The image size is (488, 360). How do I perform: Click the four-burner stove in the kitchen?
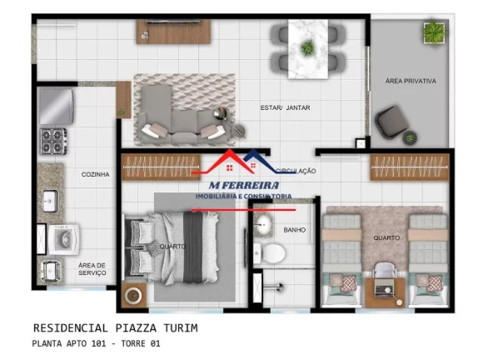pyautogui.click(x=53, y=142)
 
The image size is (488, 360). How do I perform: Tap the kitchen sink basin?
pyautogui.click(x=50, y=201)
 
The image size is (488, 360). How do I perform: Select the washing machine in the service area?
pyautogui.click(x=63, y=239)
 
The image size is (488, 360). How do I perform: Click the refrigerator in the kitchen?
pyautogui.click(x=57, y=107)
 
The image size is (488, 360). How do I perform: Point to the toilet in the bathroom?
pyautogui.click(x=270, y=252)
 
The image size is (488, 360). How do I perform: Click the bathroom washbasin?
pyautogui.click(x=263, y=224)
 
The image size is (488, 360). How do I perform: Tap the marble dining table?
pyautogui.click(x=308, y=49)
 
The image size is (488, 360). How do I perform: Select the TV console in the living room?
pyautogui.click(x=173, y=32)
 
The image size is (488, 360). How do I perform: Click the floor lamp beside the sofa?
pyautogui.click(x=230, y=122)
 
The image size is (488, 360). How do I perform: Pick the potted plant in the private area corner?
pyautogui.click(x=434, y=32)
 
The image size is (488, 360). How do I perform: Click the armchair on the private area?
pyautogui.click(x=391, y=122)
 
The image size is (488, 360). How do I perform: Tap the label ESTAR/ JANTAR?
pyautogui.click(x=285, y=107)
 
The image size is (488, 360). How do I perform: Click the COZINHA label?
pyautogui.click(x=95, y=174)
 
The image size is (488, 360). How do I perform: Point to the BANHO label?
pyautogui.click(x=295, y=230)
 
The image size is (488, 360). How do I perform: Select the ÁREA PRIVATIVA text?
pyautogui.click(x=411, y=81)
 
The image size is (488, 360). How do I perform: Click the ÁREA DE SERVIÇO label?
pyautogui.click(x=92, y=269)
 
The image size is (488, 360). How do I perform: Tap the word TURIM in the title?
pyautogui.click(x=181, y=328)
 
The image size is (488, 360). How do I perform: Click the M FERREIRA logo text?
pyautogui.click(x=244, y=185)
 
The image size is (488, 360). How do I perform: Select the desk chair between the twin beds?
pyautogui.click(x=385, y=271)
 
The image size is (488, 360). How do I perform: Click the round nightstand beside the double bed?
pyautogui.click(x=134, y=295)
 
